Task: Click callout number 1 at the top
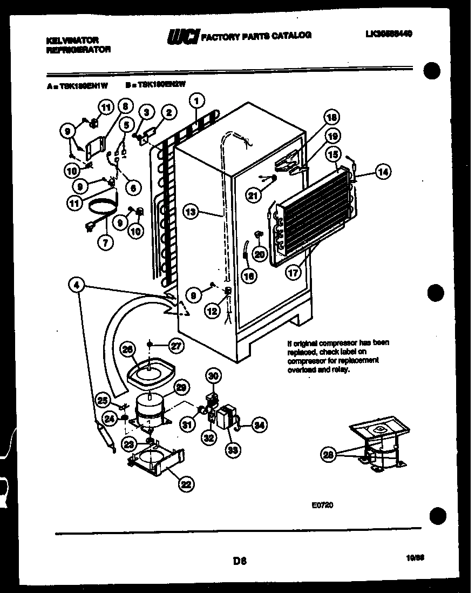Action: (x=198, y=100)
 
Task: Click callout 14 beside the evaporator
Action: (x=382, y=172)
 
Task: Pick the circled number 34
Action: (x=260, y=425)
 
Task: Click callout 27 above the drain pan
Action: (x=176, y=346)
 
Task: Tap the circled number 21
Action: (x=253, y=196)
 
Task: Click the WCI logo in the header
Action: (x=184, y=36)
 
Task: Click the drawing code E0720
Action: (x=322, y=505)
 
